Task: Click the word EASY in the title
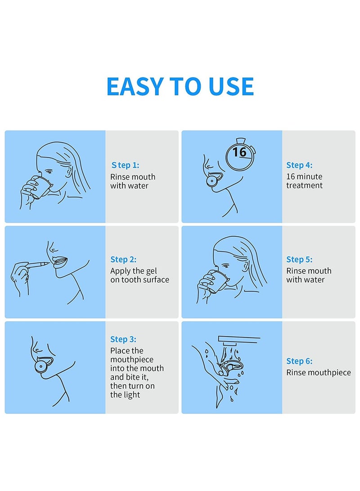pyautogui.click(x=135, y=86)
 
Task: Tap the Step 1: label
pyautogui.click(x=125, y=165)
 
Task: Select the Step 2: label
pyautogui.click(x=123, y=259)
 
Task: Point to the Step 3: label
pyautogui.click(x=123, y=339)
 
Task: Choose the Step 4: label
pyautogui.click(x=299, y=165)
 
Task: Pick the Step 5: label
pyautogui.click(x=299, y=259)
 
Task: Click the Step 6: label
pyautogui.click(x=299, y=361)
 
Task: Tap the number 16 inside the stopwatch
pyautogui.click(x=239, y=152)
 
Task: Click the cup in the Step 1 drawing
pyautogui.click(x=40, y=187)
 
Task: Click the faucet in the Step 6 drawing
pyautogui.click(x=238, y=340)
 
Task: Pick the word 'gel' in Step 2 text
pyautogui.click(x=151, y=271)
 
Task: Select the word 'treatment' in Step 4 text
pyautogui.click(x=304, y=185)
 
